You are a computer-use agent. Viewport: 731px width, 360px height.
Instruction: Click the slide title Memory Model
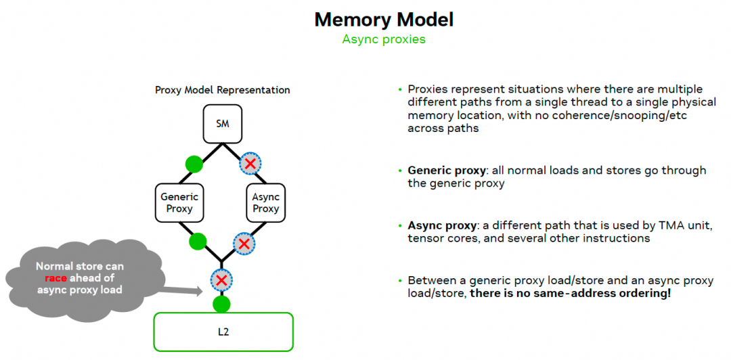tap(384, 20)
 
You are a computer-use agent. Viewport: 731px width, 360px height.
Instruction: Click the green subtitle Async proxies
tap(384, 39)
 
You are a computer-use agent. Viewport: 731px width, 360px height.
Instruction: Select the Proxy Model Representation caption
tap(223, 90)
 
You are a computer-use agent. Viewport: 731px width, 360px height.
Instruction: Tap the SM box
tap(223, 125)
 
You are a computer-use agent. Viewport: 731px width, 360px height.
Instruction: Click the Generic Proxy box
tap(179, 202)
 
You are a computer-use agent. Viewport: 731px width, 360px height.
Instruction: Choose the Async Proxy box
tap(265, 202)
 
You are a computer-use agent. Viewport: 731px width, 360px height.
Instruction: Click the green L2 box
tap(223, 332)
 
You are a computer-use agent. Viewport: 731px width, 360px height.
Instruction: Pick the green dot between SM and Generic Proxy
tap(194, 164)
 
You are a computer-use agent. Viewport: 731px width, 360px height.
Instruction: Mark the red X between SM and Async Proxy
tap(250, 164)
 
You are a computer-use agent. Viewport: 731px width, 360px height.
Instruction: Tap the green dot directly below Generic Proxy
tap(198, 241)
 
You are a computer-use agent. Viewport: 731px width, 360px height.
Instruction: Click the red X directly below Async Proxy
tap(244, 243)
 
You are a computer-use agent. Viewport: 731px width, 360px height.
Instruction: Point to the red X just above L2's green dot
tap(222, 279)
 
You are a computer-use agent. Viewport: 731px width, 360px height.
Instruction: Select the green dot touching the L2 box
tap(222, 304)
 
